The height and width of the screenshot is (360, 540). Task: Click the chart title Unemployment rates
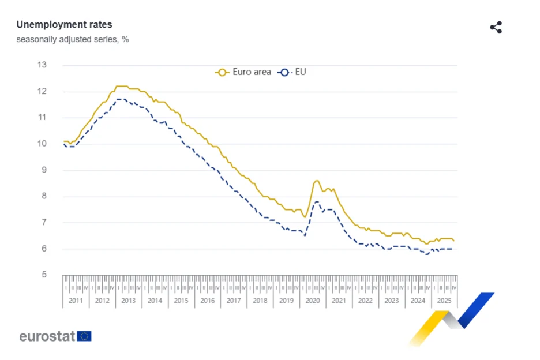coord(64,25)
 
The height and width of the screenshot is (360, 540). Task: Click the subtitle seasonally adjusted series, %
coord(73,40)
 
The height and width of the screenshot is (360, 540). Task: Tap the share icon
coord(496,27)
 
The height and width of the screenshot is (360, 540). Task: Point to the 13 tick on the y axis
coord(42,65)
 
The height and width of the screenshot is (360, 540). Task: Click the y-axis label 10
coord(42,144)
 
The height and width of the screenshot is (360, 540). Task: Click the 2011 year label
coord(76,301)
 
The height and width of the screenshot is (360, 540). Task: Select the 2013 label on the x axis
coord(128,301)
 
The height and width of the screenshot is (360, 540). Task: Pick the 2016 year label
coord(207,301)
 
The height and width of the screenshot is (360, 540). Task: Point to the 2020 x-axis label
coord(313,301)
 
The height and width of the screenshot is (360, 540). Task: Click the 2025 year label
coord(444,301)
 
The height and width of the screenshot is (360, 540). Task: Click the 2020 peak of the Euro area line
coord(317,181)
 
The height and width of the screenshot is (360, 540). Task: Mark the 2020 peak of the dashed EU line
coord(317,201)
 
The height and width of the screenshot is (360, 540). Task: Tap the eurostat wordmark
coord(47,336)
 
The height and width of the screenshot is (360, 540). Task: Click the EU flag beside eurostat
coord(84,336)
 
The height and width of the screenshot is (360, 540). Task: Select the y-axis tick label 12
coord(42,91)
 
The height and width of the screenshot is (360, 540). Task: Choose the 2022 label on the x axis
coord(365,301)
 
